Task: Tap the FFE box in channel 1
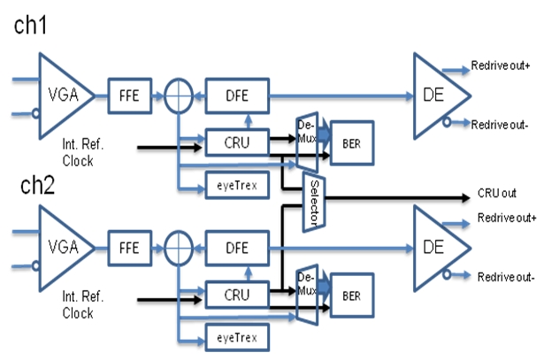[130, 94]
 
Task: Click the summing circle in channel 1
[179, 94]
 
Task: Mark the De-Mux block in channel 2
[305, 290]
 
